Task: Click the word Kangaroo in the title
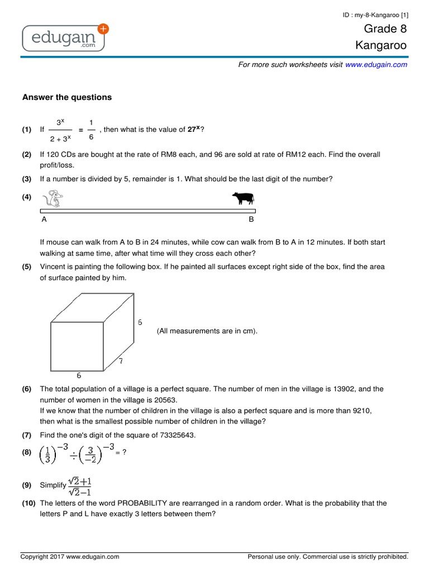coord(381,45)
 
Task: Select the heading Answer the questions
coord(67,97)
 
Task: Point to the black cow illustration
coord(243,198)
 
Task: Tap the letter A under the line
coord(44,220)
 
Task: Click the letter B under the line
coord(251,220)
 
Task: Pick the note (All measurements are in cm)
coord(207,331)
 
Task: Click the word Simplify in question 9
coord(53,485)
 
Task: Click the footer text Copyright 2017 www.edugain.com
coord(70,556)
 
